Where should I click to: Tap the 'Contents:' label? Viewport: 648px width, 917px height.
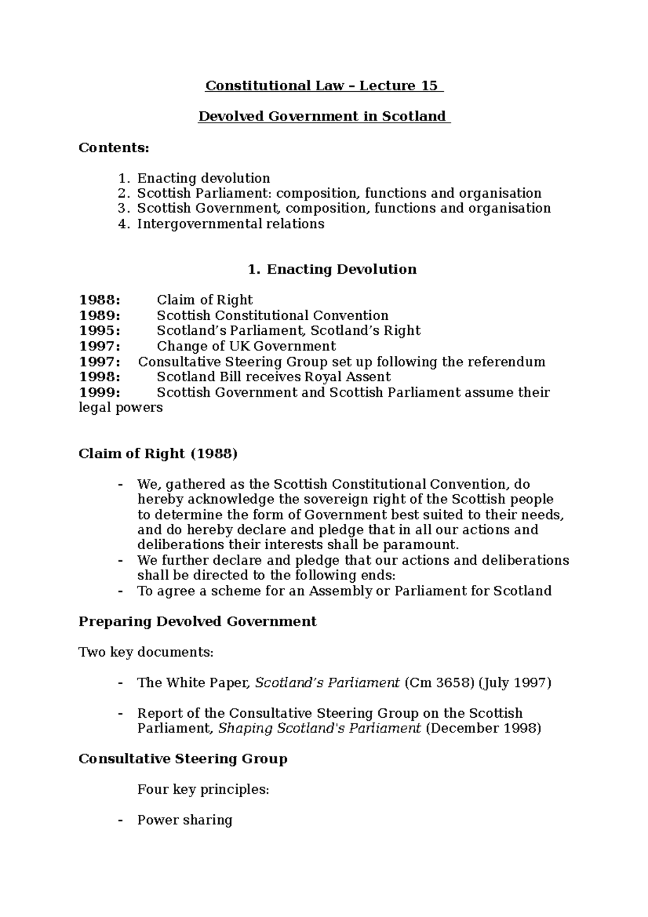click(x=113, y=147)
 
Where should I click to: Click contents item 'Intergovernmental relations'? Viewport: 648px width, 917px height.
click(x=231, y=224)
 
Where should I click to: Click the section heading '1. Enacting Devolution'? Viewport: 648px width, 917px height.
click(x=332, y=269)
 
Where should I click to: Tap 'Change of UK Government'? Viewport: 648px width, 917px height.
click(x=246, y=346)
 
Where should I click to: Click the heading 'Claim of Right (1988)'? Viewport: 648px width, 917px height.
click(x=158, y=453)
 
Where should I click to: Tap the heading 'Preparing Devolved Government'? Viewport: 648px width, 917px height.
click(x=198, y=622)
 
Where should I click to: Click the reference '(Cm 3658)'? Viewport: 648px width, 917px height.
click(x=439, y=683)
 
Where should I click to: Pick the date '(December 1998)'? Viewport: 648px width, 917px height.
click(x=483, y=729)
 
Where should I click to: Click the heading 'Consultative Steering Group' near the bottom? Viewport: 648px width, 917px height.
click(x=183, y=759)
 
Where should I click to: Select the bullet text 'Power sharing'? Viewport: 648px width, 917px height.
click(x=185, y=820)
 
